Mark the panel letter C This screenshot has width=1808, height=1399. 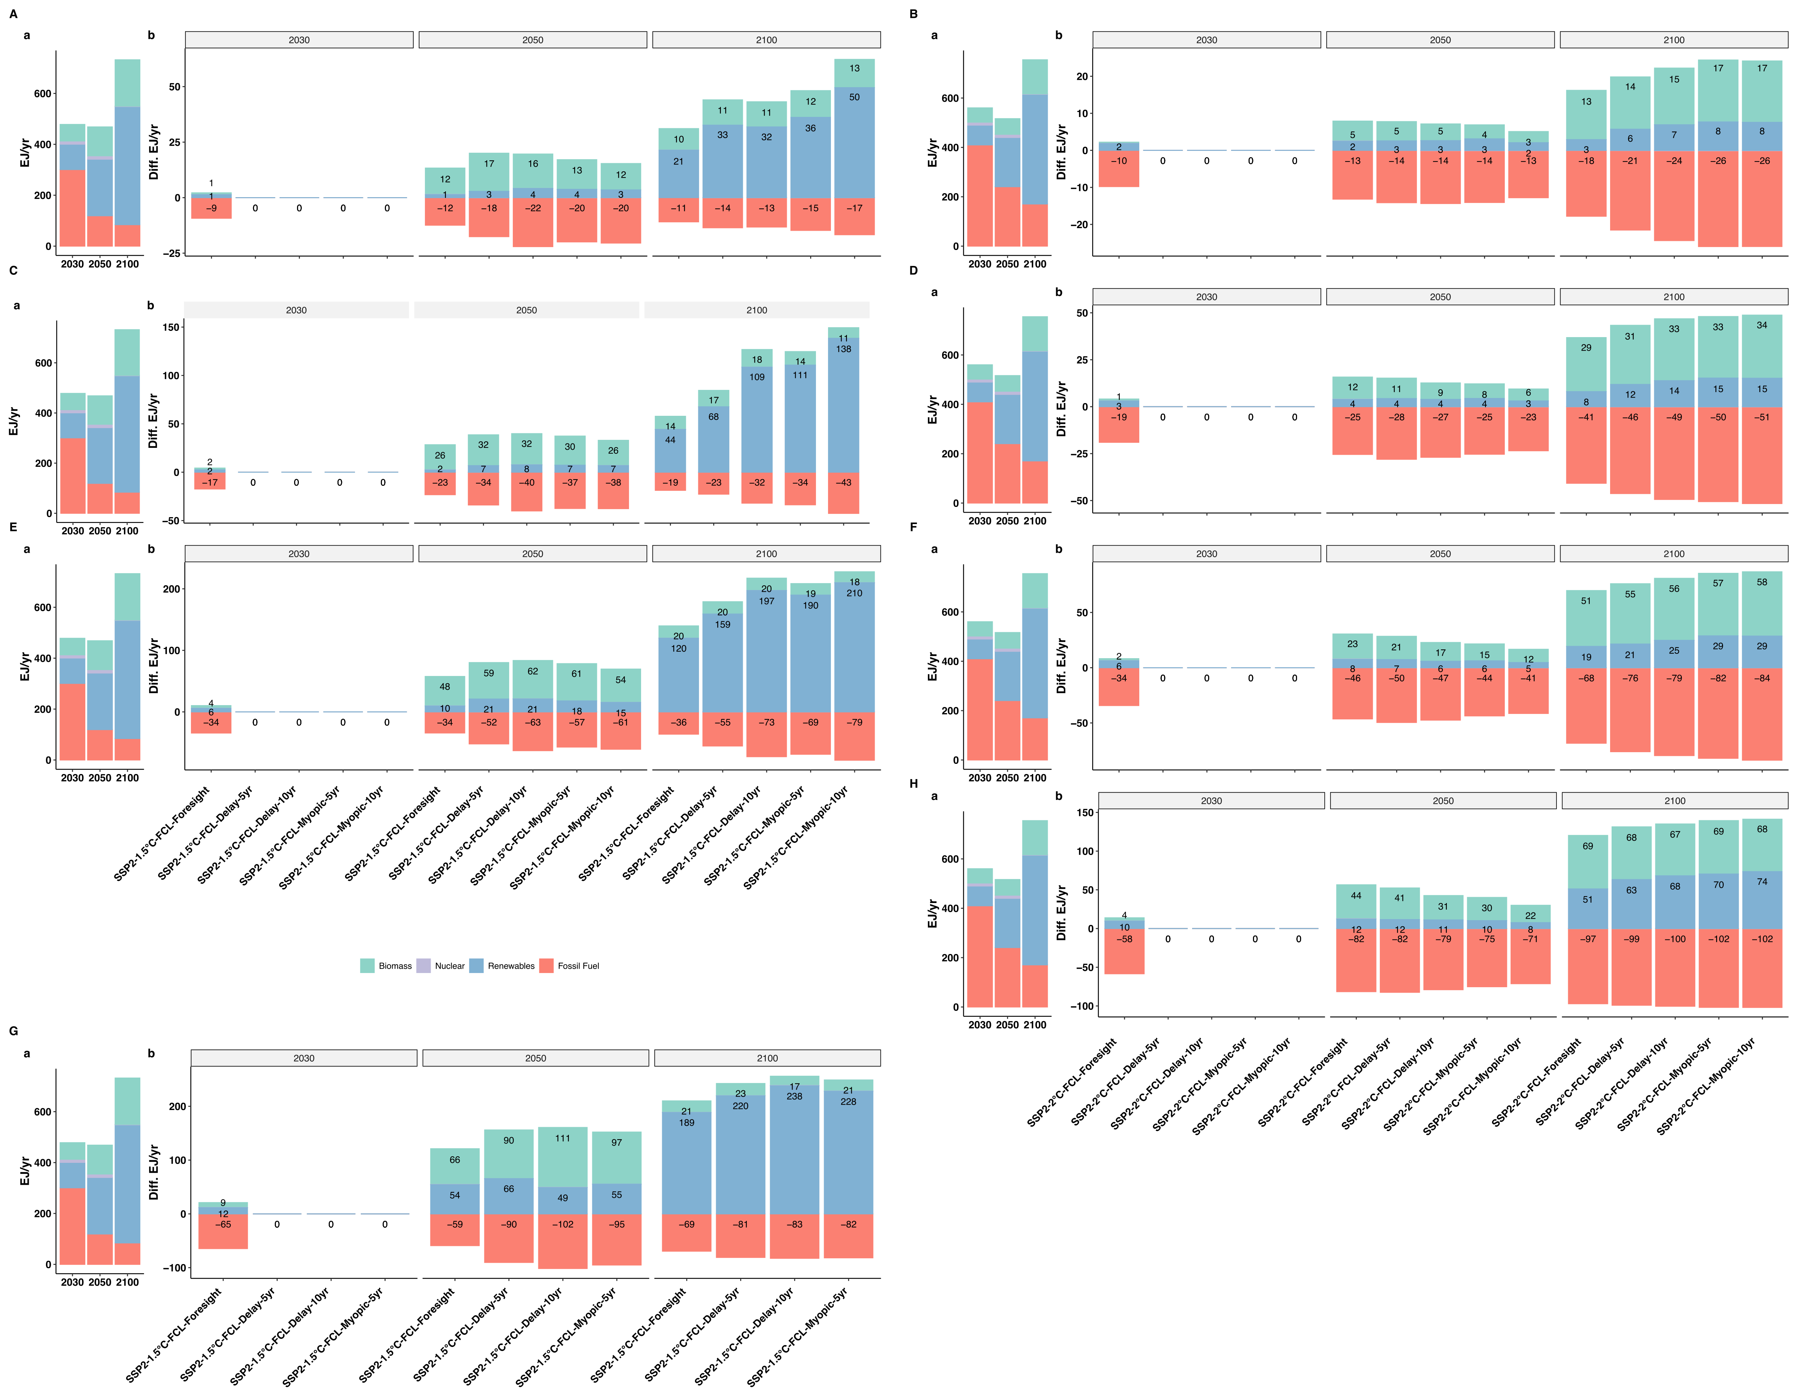click(13, 271)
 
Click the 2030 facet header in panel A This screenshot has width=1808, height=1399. click(299, 40)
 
